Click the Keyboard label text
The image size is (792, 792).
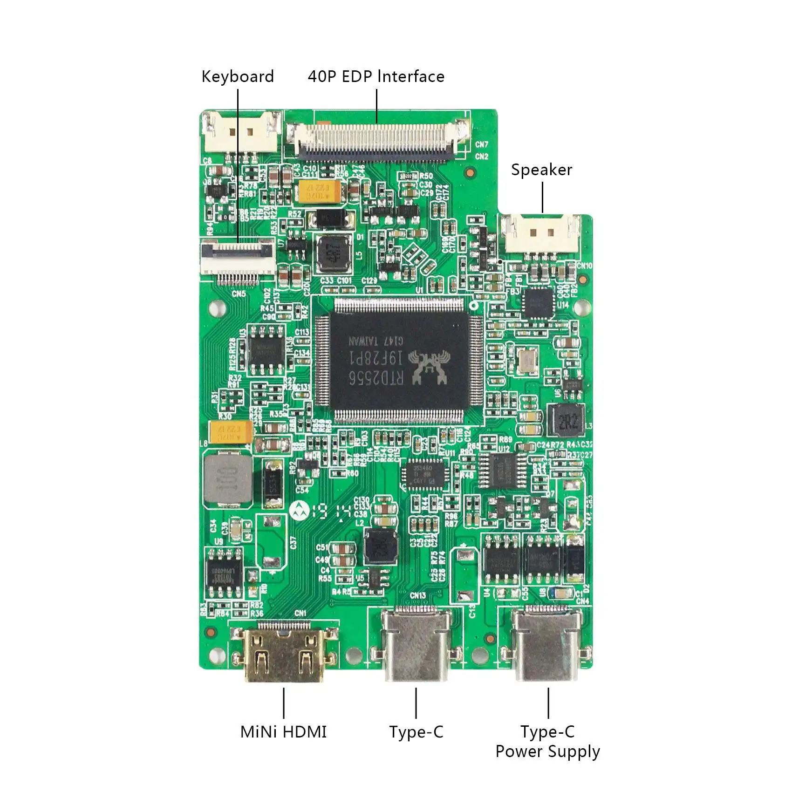[x=238, y=77]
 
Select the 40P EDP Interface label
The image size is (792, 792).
[x=376, y=77]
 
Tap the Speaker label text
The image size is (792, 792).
[x=541, y=170]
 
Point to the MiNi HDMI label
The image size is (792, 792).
[x=283, y=732]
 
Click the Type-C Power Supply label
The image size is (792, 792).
[x=547, y=742]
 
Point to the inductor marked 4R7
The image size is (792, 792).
[x=334, y=253]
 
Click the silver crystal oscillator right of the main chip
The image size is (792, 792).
[x=527, y=361]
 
